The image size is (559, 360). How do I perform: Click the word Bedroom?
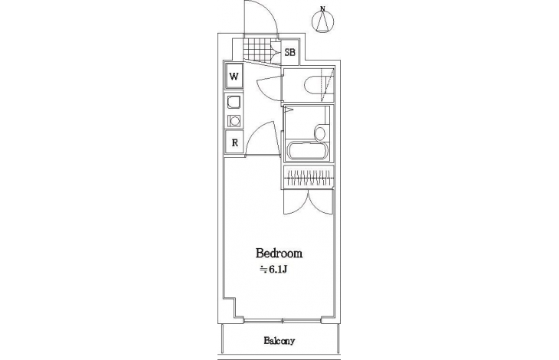[x=279, y=253]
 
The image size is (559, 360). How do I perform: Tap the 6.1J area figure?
[x=278, y=270]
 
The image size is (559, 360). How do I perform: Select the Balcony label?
[x=279, y=341]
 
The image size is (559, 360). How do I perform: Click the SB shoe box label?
[x=290, y=52]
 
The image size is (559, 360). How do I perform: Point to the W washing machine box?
[x=234, y=76]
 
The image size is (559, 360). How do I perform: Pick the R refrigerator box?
[x=234, y=142]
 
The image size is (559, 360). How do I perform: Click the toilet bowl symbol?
[x=313, y=85]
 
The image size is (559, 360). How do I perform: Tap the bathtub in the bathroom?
[x=309, y=152]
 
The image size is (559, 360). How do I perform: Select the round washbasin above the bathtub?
[x=320, y=133]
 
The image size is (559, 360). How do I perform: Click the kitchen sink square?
[x=234, y=103]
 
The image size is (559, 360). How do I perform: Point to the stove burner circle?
[x=234, y=121]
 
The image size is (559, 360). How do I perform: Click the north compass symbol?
[x=322, y=21]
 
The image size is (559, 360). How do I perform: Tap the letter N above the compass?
[x=322, y=8]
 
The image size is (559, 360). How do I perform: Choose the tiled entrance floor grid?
[x=257, y=49]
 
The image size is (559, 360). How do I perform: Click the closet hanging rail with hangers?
[x=309, y=178]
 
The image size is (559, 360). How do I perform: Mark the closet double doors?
[x=309, y=202]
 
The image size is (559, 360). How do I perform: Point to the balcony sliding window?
[x=283, y=321]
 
